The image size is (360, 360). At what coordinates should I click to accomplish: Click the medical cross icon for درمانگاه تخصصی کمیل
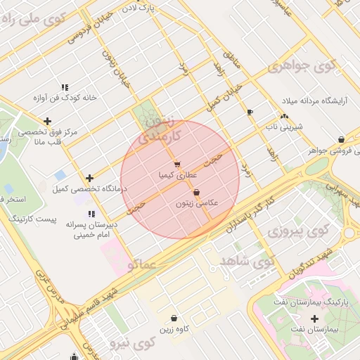point(89,179)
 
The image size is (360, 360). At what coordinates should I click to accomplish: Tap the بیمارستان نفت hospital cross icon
point(314,319)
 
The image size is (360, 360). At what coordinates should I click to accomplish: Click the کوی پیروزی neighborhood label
point(299,231)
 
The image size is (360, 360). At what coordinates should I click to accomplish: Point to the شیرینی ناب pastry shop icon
point(284,117)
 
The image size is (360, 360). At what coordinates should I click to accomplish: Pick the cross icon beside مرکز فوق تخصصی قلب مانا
point(47,121)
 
